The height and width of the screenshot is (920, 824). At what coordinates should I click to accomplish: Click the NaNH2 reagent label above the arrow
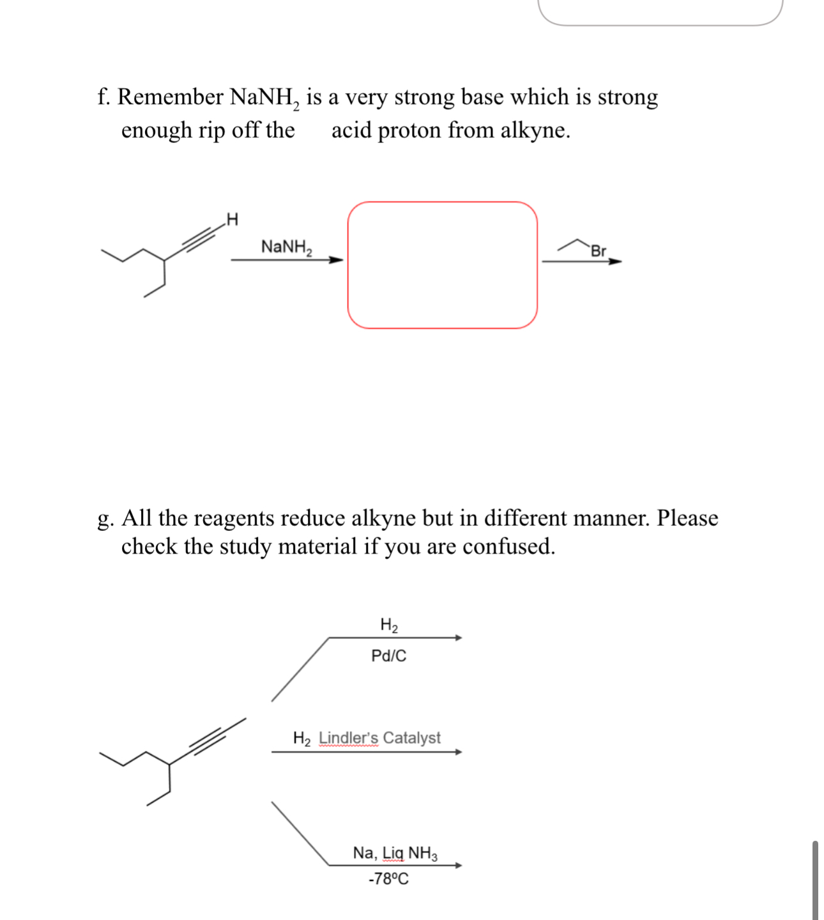[x=286, y=247]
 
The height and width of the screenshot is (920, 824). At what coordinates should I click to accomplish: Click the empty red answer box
[x=442, y=265]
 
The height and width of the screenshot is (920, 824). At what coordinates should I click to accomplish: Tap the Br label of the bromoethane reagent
[x=598, y=251]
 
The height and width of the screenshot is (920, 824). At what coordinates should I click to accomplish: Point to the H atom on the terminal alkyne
[x=233, y=220]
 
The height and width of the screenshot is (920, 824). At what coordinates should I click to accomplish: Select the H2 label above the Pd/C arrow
[x=388, y=625]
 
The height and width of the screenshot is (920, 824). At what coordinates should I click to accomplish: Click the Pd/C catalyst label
[x=388, y=655]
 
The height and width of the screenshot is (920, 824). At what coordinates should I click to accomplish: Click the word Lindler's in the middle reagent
[x=348, y=738]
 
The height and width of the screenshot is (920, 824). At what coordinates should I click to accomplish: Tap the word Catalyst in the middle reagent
[x=411, y=738]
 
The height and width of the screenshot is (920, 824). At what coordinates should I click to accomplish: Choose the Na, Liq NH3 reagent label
[x=395, y=853]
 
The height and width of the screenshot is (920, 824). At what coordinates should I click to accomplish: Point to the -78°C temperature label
[x=388, y=879]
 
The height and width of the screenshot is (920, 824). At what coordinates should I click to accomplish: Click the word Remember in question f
[x=170, y=97]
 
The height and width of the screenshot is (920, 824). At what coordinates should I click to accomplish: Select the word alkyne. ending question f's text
[x=535, y=130]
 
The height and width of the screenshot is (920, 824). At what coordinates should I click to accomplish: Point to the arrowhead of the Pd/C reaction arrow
[x=458, y=638]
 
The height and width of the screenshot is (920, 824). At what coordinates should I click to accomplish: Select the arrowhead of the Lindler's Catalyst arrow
[x=458, y=752]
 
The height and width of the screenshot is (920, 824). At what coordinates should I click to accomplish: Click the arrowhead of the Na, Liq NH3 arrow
[x=458, y=866]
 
